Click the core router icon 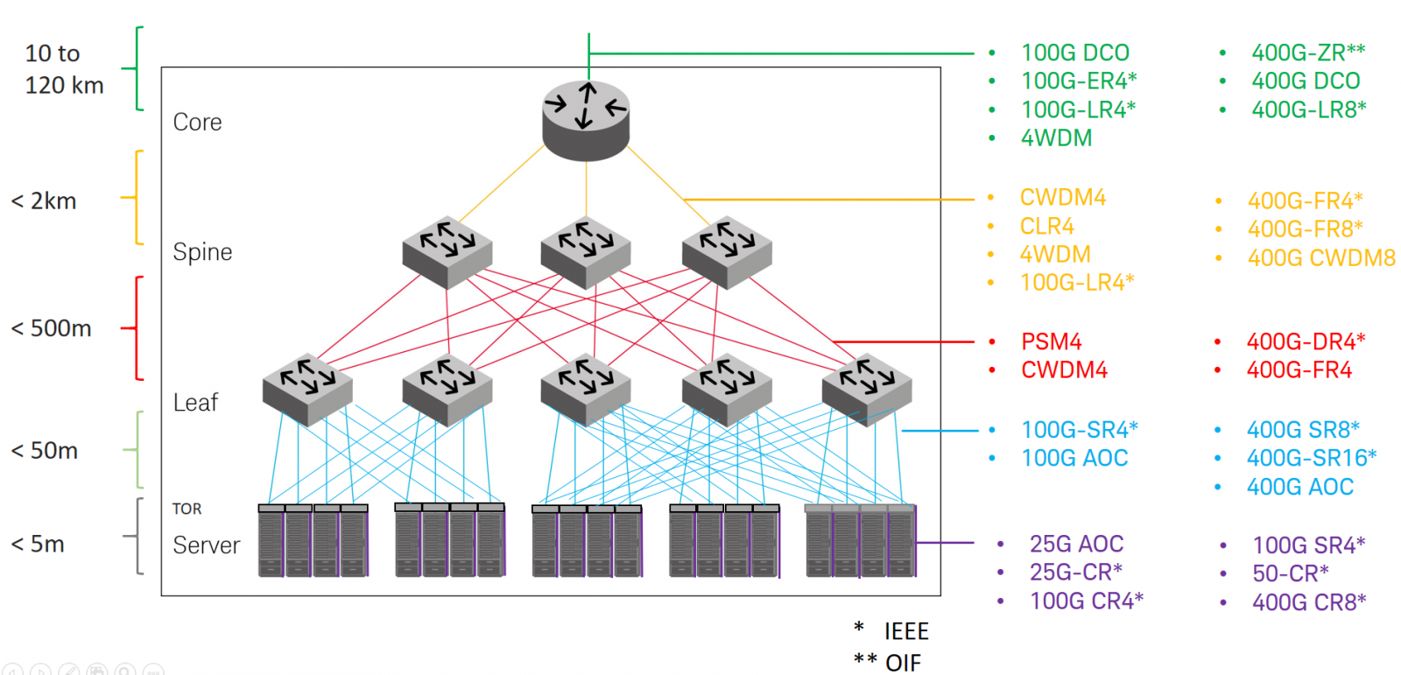[x=586, y=121]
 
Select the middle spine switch [x=586, y=252]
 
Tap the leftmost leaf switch [x=307, y=390]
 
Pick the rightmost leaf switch [x=867, y=390]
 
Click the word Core [x=197, y=123]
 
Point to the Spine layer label [x=202, y=252]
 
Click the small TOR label [x=187, y=509]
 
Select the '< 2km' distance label [x=44, y=201]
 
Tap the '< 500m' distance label [x=51, y=328]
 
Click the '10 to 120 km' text [x=63, y=69]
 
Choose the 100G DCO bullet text [x=1074, y=53]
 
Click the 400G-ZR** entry [x=1307, y=53]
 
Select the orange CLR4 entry [x=1046, y=227]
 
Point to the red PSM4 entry [x=1051, y=341]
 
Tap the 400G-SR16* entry [x=1311, y=458]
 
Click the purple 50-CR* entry [x=1290, y=574]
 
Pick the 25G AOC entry [x=1076, y=545]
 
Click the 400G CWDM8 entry [x=1320, y=258]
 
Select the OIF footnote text [x=903, y=663]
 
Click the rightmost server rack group [x=860, y=541]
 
